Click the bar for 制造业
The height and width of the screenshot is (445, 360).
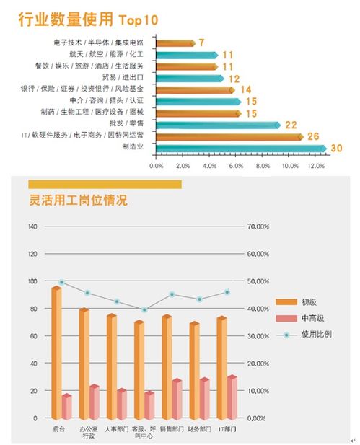coord(241,149)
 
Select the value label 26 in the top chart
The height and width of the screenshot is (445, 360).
coord(313,136)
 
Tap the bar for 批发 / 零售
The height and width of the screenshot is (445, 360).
coord(218,125)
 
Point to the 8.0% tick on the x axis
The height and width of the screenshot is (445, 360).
coord(263,166)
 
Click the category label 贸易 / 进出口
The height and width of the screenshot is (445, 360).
coord(123,77)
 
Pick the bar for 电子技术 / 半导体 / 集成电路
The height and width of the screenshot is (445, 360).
coord(176,43)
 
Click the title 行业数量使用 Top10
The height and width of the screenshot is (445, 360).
coord(88,20)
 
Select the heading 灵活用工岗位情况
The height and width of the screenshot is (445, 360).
coord(78,201)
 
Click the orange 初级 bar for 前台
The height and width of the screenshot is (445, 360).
coord(56,353)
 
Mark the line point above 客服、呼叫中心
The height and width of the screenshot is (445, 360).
coord(144,309)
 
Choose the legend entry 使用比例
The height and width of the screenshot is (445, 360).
coord(304,335)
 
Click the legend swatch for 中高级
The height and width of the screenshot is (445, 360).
coord(286,319)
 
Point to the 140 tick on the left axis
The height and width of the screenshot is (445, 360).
coord(32,226)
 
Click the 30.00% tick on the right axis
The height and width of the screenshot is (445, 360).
coord(258,336)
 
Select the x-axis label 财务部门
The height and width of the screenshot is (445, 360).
coord(199,429)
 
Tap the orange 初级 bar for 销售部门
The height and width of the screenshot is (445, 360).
coord(167,367)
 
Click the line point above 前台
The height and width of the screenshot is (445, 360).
coord(61,283)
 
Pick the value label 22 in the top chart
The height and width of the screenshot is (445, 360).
coord(291,125)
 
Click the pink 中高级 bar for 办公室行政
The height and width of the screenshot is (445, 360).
coord(95,402)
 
